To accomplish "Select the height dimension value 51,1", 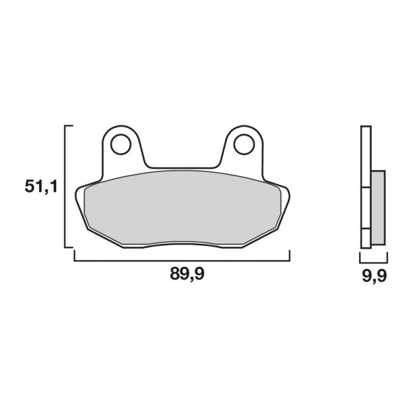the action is pyautogui.click(x=41, y=187).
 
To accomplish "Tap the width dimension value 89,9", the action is pyautogui.click(x=187, y=274).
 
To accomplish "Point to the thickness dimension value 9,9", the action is pyautogui.click(x=374, y=277).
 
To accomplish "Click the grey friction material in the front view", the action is pyautogui.click(x=182, y=207).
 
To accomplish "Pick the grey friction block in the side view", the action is pyautogui.click(x=378, y=208).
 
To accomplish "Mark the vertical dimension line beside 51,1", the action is pyautogui.click(x=65, y=186).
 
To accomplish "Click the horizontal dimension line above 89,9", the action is pyautogui.click(x=182, y=260).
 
